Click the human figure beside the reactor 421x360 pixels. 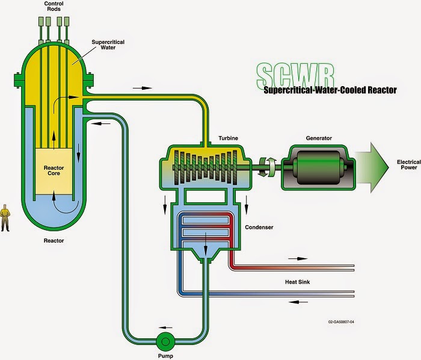pos(5,218)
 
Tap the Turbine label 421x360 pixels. pos(228,138)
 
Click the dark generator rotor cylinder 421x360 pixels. pos(319,164)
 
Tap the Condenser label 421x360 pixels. pos(259,228)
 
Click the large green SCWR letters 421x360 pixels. pos(295,75)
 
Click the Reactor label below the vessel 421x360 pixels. pos(53,241)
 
